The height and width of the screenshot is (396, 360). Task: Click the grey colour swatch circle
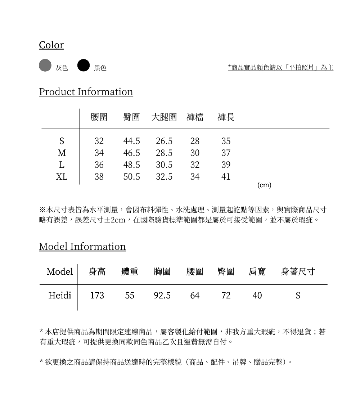click(45, 65)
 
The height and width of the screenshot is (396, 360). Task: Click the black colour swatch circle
click(84, 65)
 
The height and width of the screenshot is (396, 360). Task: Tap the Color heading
click(51, 45)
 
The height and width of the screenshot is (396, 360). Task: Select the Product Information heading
click(86, 92)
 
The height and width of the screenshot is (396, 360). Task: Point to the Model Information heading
click(82, 247)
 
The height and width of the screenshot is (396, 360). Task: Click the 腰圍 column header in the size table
click(99, 117)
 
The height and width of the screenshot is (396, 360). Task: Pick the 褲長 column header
click(226, 117)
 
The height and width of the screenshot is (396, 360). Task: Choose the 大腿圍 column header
click(164, 117)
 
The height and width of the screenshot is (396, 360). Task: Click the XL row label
click(62, 177)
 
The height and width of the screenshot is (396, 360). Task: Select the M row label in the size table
click(62, 153)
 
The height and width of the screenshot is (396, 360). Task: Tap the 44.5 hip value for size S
click(132, 141)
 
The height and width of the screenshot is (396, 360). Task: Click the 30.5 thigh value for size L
click(164, 165)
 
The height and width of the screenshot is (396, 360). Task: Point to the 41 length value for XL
click(226, 177)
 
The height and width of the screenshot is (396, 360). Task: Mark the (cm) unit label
click(265, 185)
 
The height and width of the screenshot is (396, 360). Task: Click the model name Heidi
click(60, 296)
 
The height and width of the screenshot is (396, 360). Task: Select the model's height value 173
click(97, 296)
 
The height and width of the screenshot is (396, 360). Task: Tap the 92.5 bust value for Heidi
click(162, 296)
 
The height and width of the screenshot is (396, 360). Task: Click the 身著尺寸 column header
click(298, 272)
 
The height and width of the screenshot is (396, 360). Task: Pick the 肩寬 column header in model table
click(257, 272)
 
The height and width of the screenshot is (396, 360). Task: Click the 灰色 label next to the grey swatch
click(62, 68)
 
